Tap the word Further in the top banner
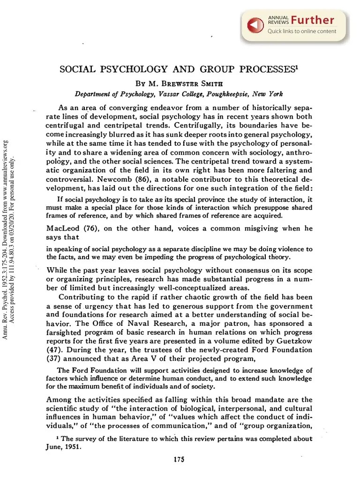coord(312,20)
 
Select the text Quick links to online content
coord(301,31)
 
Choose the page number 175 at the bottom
coord(179,459)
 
